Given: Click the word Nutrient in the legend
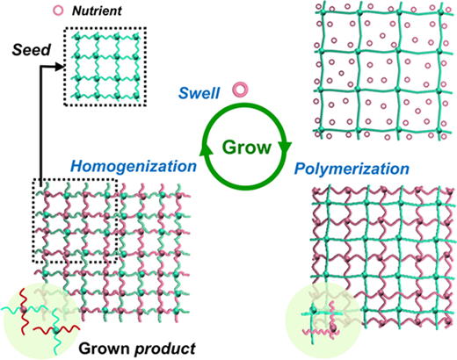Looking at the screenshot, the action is click(97, 11).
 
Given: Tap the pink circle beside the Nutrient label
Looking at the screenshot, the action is click(58, 11).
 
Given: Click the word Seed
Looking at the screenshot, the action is click(32, 50).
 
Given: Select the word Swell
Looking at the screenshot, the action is click(199, 93).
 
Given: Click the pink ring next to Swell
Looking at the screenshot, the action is click(241, 90).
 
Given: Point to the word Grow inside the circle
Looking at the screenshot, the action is click(247, 148).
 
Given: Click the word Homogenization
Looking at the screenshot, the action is click(134, 166).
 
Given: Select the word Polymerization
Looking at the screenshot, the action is click(352, 169).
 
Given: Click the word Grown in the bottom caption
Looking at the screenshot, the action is click(104, 349).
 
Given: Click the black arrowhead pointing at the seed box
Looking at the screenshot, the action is click(60, 68).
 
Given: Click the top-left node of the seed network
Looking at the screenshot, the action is click(77, 36).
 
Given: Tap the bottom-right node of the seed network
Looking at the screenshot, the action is click(135, 96).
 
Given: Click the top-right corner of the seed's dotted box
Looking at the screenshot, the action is click(146, 28).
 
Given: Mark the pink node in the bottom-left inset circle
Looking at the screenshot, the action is click(23, 309).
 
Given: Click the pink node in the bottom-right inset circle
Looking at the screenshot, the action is click(333, 327).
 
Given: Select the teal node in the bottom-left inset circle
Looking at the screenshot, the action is click(55, 330).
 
